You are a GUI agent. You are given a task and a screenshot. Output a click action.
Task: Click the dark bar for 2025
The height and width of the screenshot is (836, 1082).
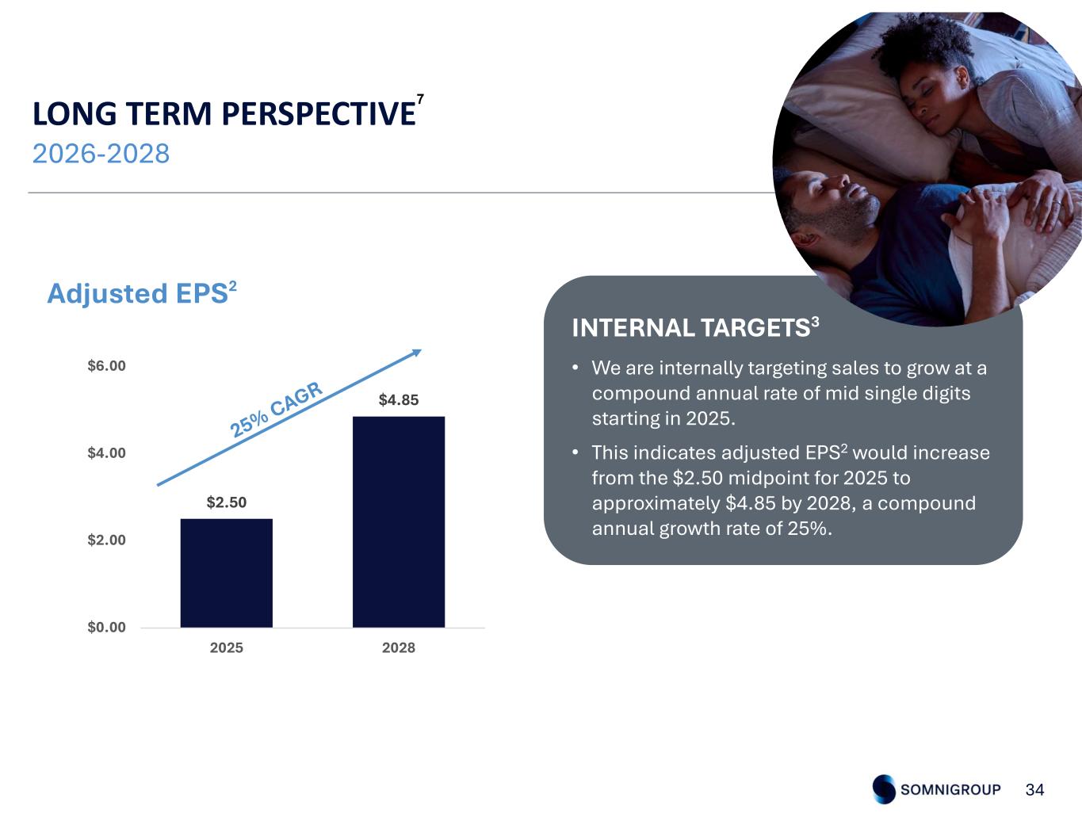(226, 573)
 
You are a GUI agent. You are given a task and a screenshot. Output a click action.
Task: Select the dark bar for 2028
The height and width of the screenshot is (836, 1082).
(399, 521)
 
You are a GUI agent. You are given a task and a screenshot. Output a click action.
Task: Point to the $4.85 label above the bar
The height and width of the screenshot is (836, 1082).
(399, 399)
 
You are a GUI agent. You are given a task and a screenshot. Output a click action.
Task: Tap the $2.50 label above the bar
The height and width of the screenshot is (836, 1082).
(227, 502)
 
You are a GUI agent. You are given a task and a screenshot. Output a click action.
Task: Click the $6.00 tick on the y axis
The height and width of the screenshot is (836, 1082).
(106, 366)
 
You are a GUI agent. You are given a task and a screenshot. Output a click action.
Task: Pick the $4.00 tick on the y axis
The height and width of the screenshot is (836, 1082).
(106, 452)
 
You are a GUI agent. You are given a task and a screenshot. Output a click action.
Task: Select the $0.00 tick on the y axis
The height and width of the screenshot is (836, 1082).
(106, 627)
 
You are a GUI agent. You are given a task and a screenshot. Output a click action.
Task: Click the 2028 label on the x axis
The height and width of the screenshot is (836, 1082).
(399, 647)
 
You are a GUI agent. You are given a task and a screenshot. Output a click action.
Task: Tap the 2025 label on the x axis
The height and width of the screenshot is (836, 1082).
(227, 647)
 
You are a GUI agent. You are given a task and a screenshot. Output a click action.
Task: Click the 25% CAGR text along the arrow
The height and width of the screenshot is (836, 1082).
(277, 410)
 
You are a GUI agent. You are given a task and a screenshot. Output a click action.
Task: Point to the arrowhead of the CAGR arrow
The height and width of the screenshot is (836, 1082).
(416, 353)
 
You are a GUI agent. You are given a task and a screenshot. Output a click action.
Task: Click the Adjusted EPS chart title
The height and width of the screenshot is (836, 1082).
(142, 292)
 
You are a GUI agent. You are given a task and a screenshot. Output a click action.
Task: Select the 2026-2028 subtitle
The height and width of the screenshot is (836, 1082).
(101, 153)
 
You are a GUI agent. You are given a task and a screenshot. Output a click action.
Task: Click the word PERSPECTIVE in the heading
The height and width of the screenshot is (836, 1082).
(319, 113)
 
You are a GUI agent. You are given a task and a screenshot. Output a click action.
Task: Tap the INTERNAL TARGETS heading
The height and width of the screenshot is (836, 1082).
(695, 327)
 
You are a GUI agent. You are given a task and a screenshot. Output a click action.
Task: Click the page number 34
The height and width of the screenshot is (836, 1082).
(1034, 790)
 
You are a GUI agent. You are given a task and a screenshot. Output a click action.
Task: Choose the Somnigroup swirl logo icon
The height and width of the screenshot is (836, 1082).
(884, 788)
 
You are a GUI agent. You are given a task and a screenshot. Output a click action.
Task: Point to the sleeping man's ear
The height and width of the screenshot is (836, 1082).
(804, 239)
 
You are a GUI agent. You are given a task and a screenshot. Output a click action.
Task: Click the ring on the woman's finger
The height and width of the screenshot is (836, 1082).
(1054, 203)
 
